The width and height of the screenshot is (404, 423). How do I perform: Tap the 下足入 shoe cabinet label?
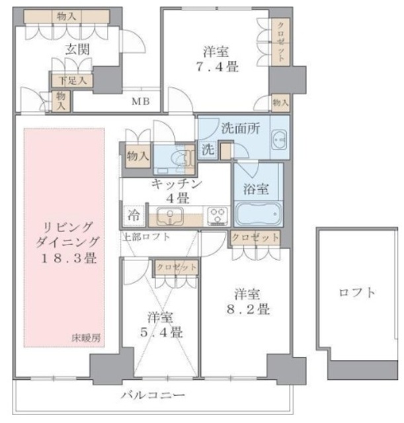(x=72, y=81)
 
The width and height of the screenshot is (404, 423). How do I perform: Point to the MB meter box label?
(x=140, y=101)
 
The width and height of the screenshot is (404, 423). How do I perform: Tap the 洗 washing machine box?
(x=207, y=149)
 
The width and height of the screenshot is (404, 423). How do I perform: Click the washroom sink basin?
(x=278, y=139)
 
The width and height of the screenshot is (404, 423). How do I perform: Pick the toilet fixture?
(x=177, y=157)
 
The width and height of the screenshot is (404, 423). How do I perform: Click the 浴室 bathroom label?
(x=258, y=189)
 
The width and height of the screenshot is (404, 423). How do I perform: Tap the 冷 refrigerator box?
(x=132, y=215)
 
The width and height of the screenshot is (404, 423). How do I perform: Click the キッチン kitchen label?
(x=177, y=184)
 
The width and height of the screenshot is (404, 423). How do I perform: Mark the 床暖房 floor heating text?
(x=87, y=338)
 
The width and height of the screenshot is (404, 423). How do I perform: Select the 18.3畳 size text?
(x=65, y=258)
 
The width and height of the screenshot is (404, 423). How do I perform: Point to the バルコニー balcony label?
(x=153, y=396)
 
